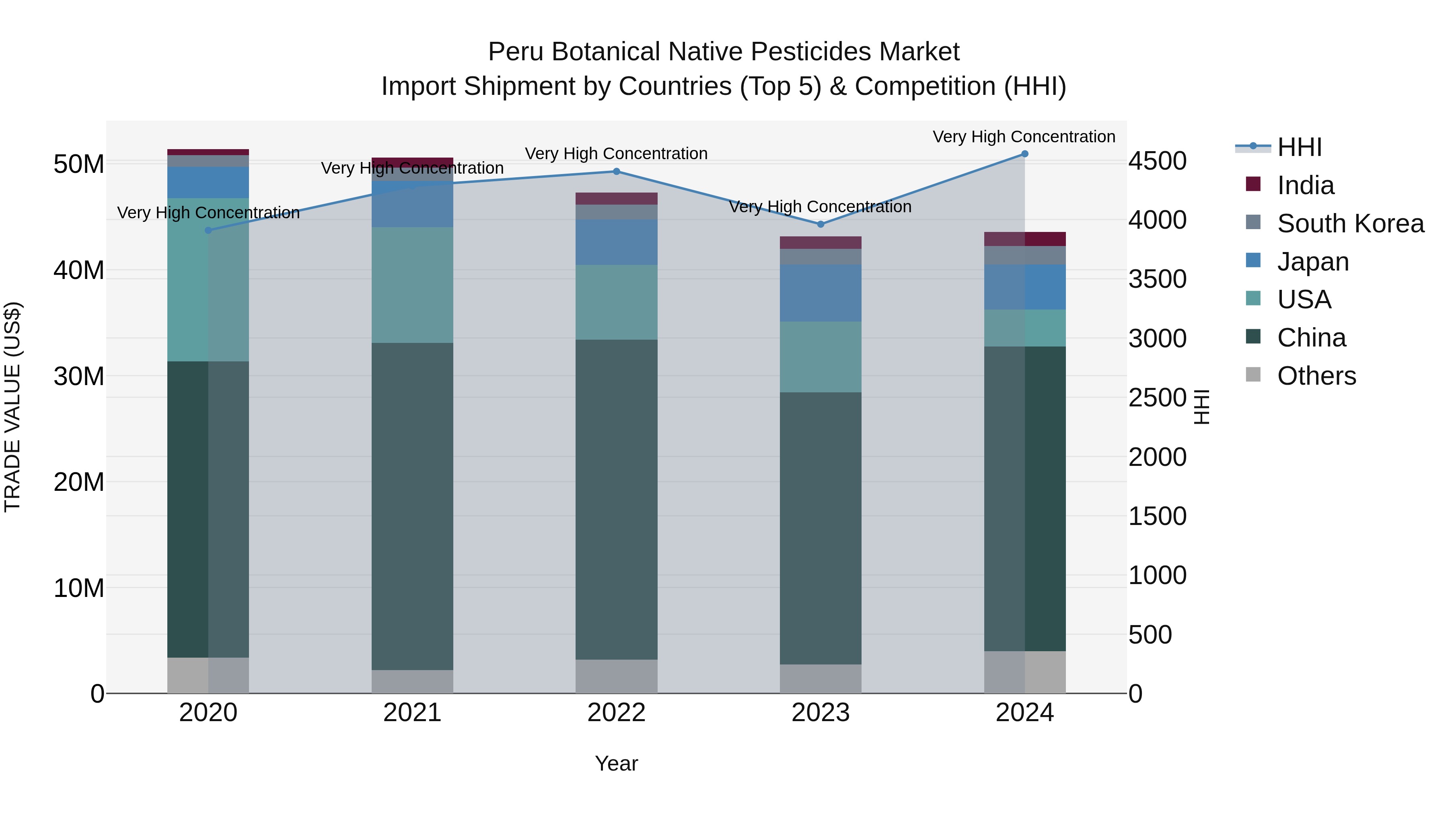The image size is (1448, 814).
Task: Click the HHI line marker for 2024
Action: [1024, 154]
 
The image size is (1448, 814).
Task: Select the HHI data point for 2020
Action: [208, 230]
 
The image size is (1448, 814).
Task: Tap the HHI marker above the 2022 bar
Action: [616, 171]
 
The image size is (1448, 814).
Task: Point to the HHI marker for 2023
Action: [820, 224]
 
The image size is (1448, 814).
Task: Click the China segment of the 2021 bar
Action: [412, 506]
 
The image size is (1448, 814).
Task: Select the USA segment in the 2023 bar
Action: [820, 357]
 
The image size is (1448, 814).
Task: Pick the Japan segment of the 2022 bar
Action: [616, 242]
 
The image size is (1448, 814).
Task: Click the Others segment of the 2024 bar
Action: [1024, 672]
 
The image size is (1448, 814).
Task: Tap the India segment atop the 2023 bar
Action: [820, 243]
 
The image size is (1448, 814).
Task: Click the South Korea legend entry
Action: [1350, 223]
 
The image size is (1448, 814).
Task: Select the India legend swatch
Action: [1253, 184]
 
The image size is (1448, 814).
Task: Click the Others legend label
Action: [1316, 376]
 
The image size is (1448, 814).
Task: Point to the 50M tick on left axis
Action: [79, 164]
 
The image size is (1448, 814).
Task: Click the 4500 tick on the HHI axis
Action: [1157, 161]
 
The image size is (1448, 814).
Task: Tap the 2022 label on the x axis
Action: [616, 713]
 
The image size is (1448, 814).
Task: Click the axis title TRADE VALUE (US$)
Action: [12, 407]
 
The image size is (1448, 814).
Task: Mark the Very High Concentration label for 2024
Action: [1024, 137]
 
